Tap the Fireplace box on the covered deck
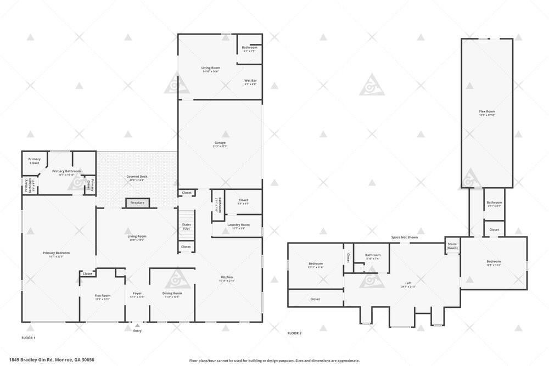(137, 203)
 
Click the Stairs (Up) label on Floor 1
(186, 226)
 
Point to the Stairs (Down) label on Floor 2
(452, 246)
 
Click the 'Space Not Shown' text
(404, 237)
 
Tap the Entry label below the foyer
(137, 330)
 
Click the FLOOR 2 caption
(294, 333)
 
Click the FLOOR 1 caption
(28, 338)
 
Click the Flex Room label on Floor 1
(103, 297)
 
